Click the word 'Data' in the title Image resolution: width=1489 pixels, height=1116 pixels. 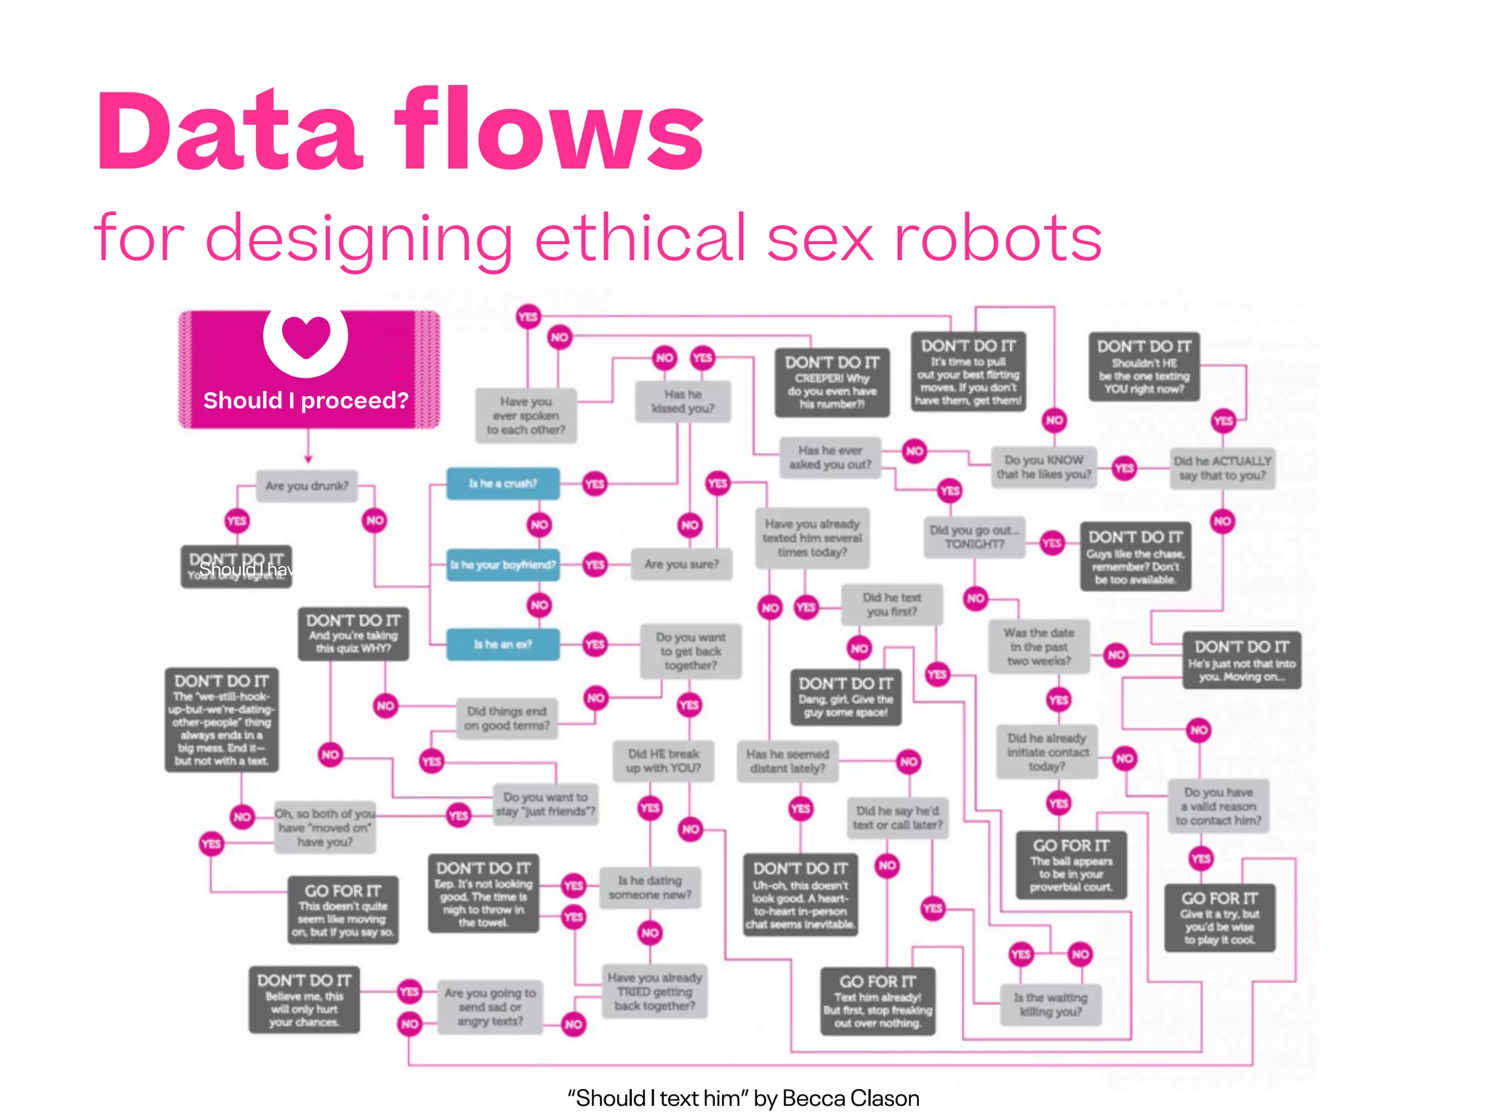228,131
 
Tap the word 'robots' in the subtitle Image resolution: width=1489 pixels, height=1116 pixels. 998,238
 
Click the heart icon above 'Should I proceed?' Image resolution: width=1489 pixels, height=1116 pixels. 306,337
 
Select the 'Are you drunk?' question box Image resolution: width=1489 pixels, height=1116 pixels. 307,486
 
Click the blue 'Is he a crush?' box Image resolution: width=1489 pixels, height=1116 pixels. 502,484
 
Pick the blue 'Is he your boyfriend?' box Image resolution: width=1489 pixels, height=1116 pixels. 502,565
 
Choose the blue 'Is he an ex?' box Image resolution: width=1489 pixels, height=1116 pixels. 502,644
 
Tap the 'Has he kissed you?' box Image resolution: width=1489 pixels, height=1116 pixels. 683,402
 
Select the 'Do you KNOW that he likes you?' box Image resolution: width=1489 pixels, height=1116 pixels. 1043,467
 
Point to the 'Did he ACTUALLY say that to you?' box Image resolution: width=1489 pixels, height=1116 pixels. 1222,468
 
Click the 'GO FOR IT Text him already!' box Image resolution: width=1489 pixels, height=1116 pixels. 878,1001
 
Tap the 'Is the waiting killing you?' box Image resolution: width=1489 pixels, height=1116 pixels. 1051,1005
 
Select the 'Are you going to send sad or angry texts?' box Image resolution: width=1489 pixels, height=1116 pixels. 490,1007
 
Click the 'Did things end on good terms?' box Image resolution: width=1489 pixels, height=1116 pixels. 507,719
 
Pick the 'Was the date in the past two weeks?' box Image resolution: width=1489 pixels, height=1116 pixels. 1039,647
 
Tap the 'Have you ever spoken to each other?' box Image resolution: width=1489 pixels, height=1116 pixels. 526,416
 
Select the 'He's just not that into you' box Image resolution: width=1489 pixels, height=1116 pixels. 1242,660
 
